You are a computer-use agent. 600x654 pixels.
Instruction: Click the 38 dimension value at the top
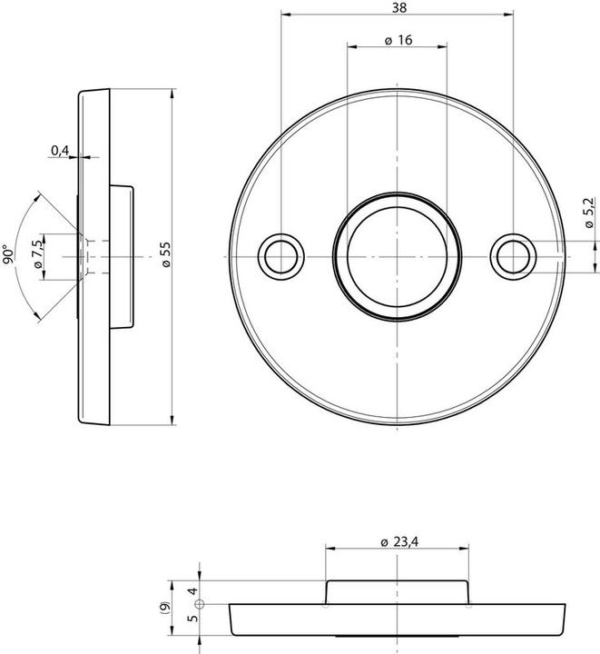pos(398,7)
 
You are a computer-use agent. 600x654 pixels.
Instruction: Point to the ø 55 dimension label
pos(164,255)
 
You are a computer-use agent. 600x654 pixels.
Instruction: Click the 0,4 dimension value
pos(60,150)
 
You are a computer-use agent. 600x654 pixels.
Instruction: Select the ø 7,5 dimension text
pos(37,256)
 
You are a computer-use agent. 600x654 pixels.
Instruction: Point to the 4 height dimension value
pos(192,590)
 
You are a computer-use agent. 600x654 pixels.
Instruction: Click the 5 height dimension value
pos(192,619)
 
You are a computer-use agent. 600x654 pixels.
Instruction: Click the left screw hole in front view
pos(280,256)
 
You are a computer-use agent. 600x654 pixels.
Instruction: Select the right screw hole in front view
pos(513,256)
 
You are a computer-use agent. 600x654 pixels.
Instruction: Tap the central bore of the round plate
pos(398,256)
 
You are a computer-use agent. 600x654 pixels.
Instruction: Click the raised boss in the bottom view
pos(398,590)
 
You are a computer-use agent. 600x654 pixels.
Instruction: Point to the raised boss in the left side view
pos(123,256)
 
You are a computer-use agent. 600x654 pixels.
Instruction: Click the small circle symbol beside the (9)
pos(200,603)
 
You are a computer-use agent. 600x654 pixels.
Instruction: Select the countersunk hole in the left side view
pos(84,256)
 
